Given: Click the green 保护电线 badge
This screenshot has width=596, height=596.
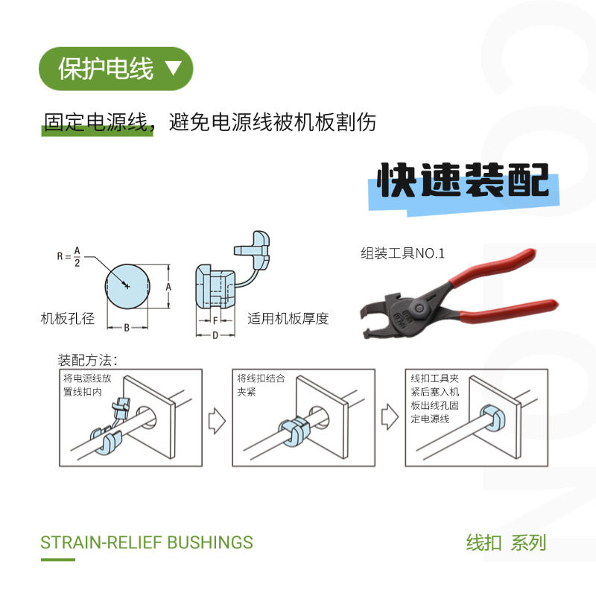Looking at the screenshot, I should coord(115,69).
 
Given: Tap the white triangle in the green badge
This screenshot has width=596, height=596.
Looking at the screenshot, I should coord(173,69).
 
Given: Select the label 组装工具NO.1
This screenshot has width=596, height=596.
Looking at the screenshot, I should coord(402,253).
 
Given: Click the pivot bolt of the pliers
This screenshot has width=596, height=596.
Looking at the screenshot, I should coord(422,307).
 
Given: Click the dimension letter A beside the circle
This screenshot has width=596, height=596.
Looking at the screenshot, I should coord(168,286).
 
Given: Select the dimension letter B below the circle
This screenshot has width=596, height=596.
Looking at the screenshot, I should coord(127,327).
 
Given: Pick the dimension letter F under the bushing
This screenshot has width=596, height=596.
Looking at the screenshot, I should coord(215,320).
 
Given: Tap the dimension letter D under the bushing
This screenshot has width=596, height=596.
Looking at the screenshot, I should coord(215,335).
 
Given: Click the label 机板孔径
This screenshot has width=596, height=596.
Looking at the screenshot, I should coord(68,319).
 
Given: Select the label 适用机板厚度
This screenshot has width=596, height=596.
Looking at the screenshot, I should coord(288,319).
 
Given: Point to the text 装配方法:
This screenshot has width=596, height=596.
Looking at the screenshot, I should coord(88,360).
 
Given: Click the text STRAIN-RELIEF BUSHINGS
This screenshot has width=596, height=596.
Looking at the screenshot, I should coord(147,542).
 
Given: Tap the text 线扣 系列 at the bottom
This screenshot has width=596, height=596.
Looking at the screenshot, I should coord(506,542).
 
